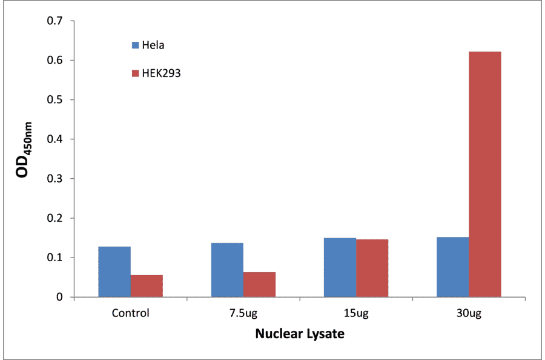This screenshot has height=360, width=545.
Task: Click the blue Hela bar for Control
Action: [114, 272]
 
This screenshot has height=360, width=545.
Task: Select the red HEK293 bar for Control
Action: [147, 286]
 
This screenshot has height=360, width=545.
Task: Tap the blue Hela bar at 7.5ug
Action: [227, 270]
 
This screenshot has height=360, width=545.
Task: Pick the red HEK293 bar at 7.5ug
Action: [260, 285]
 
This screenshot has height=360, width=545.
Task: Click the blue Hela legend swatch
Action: [136, 45]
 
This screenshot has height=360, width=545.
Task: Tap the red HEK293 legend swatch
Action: [136, 73]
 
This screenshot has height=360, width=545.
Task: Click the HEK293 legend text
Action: [162, 73]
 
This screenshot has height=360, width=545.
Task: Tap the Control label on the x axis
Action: [130, 313]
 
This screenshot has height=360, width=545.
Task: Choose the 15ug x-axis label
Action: [356, 313]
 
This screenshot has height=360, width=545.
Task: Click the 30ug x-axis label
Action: [469, 313]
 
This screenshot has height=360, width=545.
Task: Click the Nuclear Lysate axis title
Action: [300, 334]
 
